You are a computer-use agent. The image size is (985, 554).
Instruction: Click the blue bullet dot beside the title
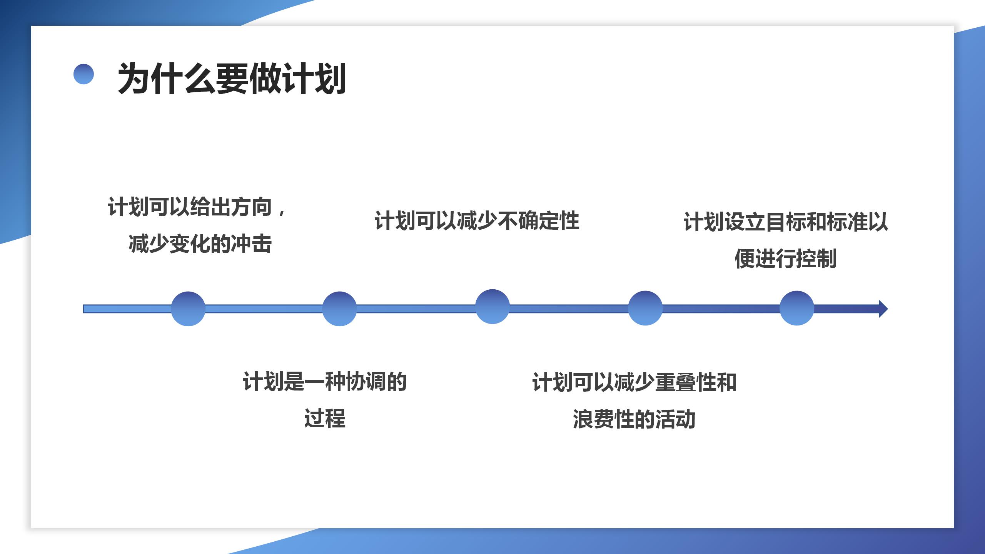[x=83, y=74]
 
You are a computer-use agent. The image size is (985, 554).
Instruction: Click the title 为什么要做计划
[x=232, y=79]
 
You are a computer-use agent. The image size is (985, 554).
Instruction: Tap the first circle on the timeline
[x=188, y=309]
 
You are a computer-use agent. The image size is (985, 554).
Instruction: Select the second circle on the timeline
[x=339, y=309]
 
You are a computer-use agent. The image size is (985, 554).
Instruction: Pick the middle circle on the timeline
[x=492, y=307]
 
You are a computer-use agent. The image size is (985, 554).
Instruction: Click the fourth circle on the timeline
[x=645, y=308]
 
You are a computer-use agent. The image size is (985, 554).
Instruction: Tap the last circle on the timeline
[x=797, y=308]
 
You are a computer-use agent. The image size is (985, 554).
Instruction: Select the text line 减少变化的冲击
[x=200, y=244]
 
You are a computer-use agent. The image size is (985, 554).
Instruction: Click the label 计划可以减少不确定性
[x=477, y=221]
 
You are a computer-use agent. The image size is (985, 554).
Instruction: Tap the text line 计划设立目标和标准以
[x=785, y=222]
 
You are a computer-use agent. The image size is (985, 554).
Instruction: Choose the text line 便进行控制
[x=785, y=259]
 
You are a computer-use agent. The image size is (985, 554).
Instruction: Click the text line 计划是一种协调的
[x=325, y=382]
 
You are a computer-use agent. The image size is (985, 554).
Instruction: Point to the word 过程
[x=325, y=419]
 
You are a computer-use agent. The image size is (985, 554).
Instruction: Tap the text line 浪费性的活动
[x=634, y=419]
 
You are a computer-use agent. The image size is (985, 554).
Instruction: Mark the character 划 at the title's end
[x=330, y=79]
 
